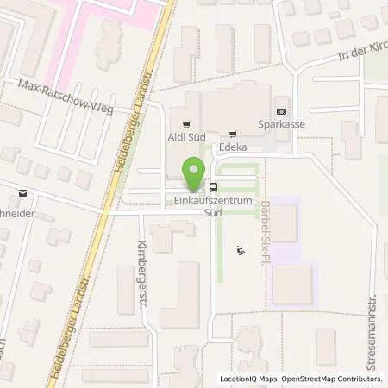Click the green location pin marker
pos(194,174)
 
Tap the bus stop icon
pos(214,187)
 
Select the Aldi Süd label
pos(183,135)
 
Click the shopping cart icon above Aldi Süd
pos(183,123)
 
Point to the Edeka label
pos(233,147)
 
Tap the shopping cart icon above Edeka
pos(233,135)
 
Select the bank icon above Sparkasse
pos(281,112)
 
